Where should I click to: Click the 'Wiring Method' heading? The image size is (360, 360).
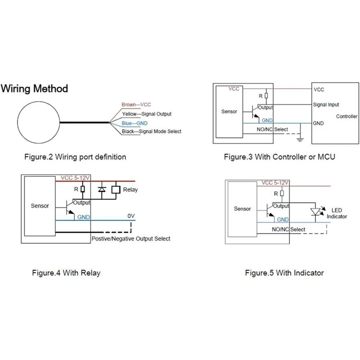(x=35, y=89)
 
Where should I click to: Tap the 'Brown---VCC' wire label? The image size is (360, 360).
(x=136, y=105)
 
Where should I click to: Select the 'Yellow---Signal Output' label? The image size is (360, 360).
(x=147, y=114)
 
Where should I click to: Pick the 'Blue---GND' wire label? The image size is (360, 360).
(x=135, y=123)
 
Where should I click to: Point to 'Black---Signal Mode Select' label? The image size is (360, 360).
(x=152, y=131)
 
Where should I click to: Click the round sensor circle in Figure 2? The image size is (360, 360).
(x=18, y=122)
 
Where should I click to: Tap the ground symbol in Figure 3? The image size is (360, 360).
(x=300, y=139)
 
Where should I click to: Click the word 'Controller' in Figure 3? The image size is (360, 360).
(x=346, y=117)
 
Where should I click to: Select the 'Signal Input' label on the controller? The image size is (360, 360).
(x=326, y=105)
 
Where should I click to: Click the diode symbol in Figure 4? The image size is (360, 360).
(x=102, y=189)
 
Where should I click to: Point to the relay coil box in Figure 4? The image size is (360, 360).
(x=116, y=189)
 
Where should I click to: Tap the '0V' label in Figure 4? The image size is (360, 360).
(x=131, y=216)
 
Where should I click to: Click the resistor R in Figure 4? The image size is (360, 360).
(x=83, y=189)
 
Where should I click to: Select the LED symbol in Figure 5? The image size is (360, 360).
(x=315, y=212)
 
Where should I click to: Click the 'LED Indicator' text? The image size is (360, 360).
(x=337, y=213)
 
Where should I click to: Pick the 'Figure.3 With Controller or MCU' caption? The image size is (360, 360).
(x=279, y=157)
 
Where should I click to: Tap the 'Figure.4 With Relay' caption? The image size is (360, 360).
(x=66, y=273)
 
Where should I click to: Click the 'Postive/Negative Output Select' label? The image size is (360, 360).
(x=131, y=239)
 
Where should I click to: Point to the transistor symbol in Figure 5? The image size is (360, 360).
(x=270, y=210)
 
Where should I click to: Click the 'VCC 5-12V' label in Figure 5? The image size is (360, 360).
(x=275, y=183)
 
